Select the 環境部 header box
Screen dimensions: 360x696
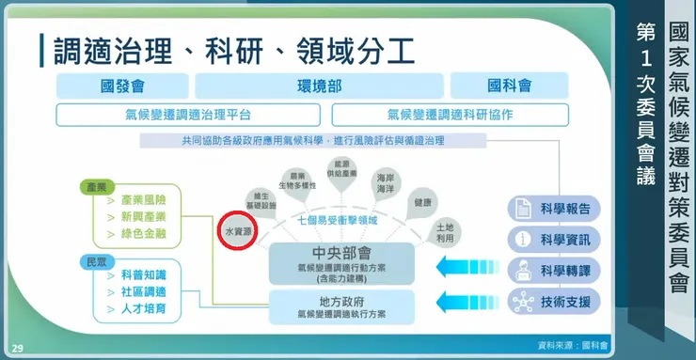(x=320, y=86)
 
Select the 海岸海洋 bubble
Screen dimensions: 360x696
(x=385, y=182)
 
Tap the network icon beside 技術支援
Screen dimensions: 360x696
(x=521, y=302)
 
